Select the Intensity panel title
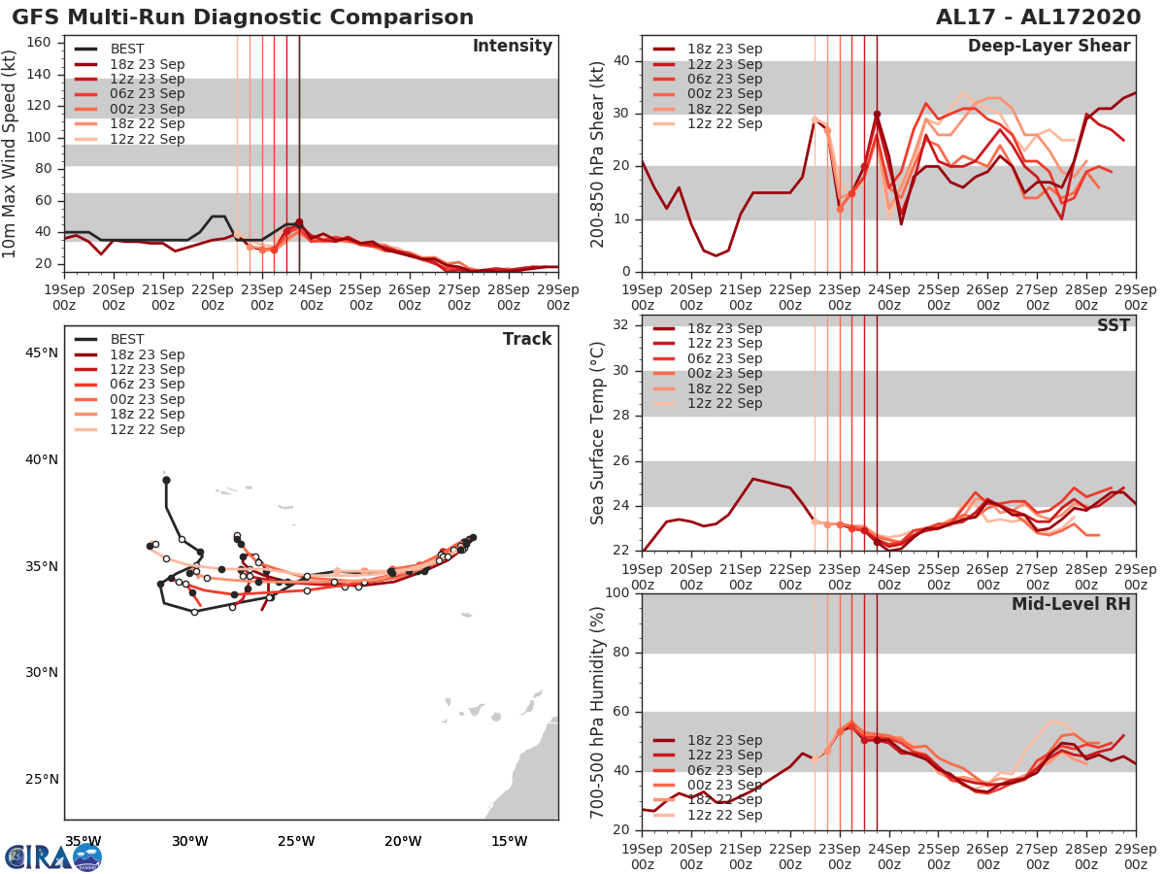[513, 47]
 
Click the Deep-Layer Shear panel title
[1048, 47]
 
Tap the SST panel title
[1113, 326]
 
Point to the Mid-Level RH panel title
[1071, 605]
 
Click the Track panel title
[527, 339]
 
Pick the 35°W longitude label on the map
[83, 841]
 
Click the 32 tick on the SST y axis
[621, 324]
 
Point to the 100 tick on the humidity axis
[617, 593]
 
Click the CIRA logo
[52, 857]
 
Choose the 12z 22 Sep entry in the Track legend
[147, 429]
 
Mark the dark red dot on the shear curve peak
[877, 115]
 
